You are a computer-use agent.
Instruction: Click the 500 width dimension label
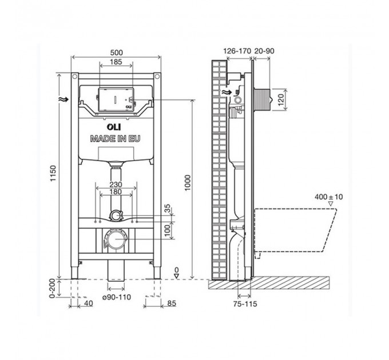(116, 53)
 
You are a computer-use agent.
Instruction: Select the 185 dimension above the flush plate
(116, 62)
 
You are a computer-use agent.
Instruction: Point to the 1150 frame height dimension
(53, 173)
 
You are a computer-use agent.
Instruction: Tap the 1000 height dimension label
(188, 183)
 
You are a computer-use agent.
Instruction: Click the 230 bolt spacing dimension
(116, 185)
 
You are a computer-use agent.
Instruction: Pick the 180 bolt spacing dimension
(116, 191)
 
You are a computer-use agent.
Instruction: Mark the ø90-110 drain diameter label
(117, 297)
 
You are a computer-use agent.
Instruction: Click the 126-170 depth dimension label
(237, 51)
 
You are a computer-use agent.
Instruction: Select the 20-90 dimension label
(264, 51)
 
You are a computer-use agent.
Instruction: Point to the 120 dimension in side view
(280, 99)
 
